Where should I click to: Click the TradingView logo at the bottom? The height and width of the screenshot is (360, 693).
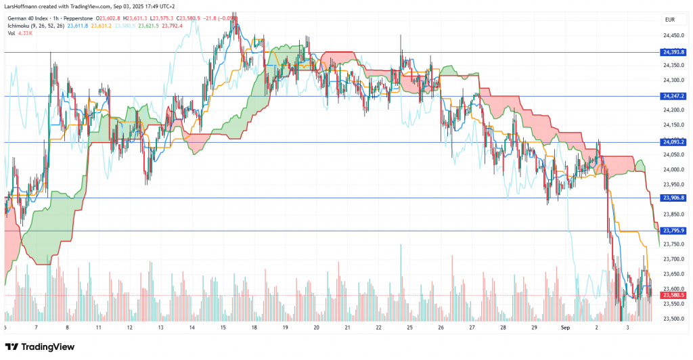click(41, 346)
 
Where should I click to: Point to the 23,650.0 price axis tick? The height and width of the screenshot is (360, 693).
click(673, 274)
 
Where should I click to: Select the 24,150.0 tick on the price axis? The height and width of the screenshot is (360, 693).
click(673, 125)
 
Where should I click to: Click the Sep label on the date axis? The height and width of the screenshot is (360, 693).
click(566, 326)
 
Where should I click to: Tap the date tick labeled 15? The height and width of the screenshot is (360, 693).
click(223, 326)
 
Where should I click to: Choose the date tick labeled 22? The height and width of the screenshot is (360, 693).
click(378, 326)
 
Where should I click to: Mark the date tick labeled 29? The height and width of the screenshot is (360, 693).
click(534, 326)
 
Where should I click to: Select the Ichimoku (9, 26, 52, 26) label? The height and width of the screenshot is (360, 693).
click(35, 26)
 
